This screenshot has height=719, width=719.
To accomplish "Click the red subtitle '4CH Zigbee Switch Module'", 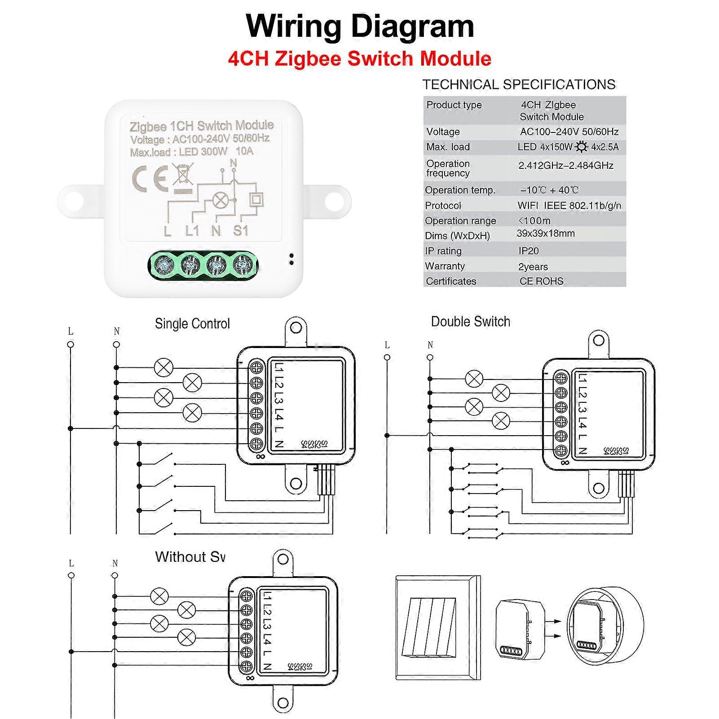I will pyautogui.click(x=359, y=59).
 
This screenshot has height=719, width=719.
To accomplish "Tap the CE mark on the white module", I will pyautogui.click(x=150, y=178).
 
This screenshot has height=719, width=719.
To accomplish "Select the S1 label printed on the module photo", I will pyautogui.click(x=241, y=231).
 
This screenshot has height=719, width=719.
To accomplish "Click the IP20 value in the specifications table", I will pyautogui.click(x=528, y=251).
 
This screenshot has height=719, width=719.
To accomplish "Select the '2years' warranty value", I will pyautogui.click(x=533, y=267).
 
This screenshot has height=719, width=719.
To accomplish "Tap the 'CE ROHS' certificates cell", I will pyautogui.click(x=541, y=281).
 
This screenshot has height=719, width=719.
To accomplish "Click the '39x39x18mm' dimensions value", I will pyautogui.click(x=545, y=234).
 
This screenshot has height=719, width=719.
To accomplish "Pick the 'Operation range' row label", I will pyautogui.click(x=460, y=221).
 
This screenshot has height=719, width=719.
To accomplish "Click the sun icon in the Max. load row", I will pyautogui.click(x=582, y=147).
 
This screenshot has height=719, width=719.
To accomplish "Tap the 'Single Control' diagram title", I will pyautogui.click(x=192, y=324).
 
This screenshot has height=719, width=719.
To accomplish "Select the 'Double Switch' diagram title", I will pyautogui.click(x=470, y=322).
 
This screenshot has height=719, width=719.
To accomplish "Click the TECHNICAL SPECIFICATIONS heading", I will pyautogui.click(x=519, y=84).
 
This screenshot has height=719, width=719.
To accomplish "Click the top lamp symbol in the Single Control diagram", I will pyautogui.click(x=163, y=368).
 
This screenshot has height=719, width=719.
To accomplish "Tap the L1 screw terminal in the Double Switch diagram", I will pyautogui.click(x=561, y=378).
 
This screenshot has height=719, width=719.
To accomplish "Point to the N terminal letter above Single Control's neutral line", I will pyautogui.click(x=117, y=331).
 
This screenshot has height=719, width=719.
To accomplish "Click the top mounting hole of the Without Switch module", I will pyautogui.click(x=283, y=559).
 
